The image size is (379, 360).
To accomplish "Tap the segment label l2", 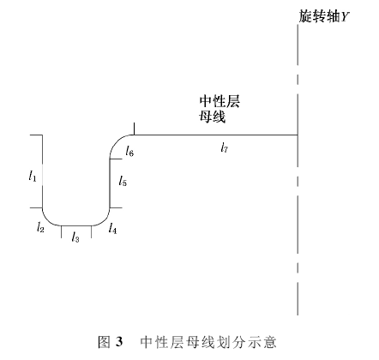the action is click(40, 226).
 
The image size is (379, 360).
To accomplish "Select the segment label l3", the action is click(75, 237).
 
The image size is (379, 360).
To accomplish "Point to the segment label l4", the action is click(112, 228).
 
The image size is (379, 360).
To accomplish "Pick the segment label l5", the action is click(123, 181).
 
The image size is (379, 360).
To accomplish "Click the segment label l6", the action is click(129, 151).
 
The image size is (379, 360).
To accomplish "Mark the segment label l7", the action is click(224, 147).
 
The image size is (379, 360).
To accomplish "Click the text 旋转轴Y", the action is click(324, 16).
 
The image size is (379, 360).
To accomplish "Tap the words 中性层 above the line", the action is click(220, 102).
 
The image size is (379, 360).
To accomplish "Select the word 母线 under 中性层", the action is click(213, 117).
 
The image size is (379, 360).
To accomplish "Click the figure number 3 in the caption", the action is click(119, 342).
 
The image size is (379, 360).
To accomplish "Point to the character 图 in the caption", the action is click(104, 342).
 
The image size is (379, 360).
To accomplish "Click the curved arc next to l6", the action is click(117, 141).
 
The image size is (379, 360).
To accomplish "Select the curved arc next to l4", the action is click(103, 220).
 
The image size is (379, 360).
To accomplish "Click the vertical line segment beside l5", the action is click(110, 183).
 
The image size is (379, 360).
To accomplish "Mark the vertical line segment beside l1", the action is click(43, 171).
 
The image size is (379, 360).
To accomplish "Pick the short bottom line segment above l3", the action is click(76, 225).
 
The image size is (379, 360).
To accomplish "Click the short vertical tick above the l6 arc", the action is click(134, 129).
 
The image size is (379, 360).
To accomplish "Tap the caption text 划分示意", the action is click(248, 342).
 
